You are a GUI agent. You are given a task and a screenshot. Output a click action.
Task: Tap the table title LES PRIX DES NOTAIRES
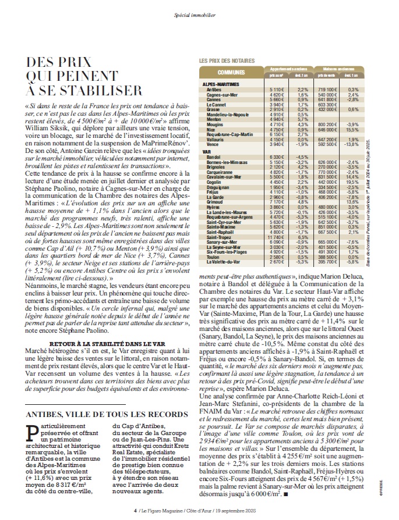[227, 60]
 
